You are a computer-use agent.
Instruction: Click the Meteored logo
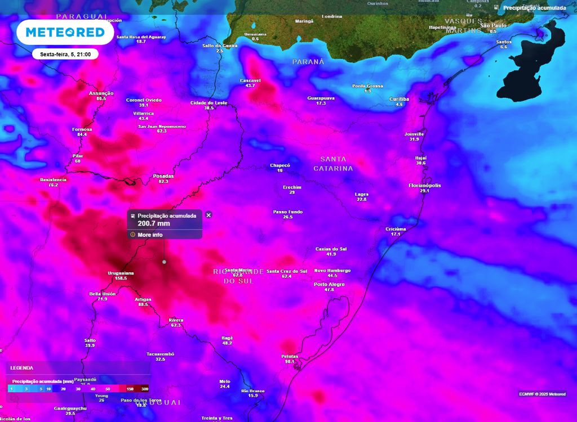tap(61, 32)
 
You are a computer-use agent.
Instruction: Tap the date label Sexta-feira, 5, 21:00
tap(65, 55)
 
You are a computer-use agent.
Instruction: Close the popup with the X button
tap(208, 215)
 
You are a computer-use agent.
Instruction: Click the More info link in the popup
tap(150, 235)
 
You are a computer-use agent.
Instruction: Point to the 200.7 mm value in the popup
tap(154, 223)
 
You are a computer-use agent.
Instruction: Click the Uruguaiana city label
tap(121, 273)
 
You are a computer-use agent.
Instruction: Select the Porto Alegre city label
tap(329, 284)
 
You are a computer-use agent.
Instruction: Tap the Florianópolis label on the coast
tap(424, 185)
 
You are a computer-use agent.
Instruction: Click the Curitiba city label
tap(399, 99)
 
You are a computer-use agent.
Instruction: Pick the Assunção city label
tap(101, 93)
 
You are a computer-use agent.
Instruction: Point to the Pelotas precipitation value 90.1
tap(290, 361)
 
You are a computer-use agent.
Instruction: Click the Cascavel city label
tap(250, 80)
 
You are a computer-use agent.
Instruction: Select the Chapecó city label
tap(280, 165)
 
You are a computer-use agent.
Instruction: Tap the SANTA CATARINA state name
tap(333, 164)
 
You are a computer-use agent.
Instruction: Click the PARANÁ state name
tap(308, 61)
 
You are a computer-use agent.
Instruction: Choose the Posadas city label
tap(163, 176)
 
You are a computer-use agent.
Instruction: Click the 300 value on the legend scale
tap(145, 389)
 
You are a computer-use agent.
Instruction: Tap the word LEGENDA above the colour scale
tap(21, 367)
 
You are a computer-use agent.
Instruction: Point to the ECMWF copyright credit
tap(542, 394)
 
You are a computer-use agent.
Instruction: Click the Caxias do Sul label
tap(331, 248)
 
